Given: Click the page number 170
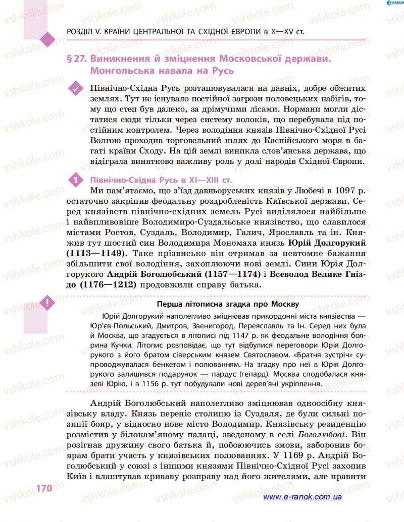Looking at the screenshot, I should point(44,488).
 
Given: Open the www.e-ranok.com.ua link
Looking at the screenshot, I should point(302,497).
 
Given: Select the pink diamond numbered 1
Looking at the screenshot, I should point(76,180).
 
